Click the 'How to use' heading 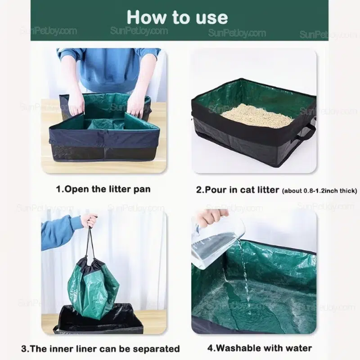177,17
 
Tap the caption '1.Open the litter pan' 103,189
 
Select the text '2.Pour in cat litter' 238,190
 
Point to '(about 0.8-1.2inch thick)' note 319,191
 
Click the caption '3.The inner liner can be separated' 100,349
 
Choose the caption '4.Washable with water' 260,348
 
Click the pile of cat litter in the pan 256,116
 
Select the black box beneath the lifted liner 99,319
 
